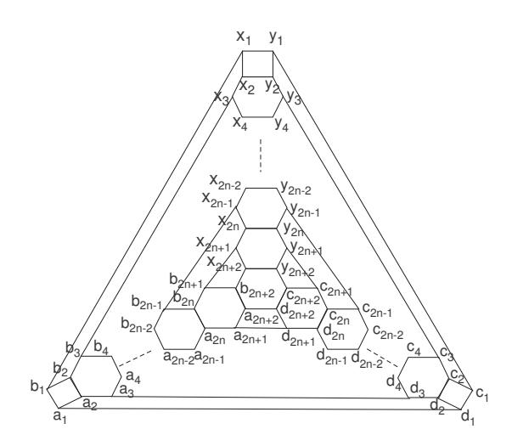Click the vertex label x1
coord(244,37)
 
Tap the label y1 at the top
coord(276,38)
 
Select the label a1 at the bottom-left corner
coord(59,417)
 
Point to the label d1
coord(468,418)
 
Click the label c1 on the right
coord(482,393)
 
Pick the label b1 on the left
coord(37,387)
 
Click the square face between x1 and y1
coord(257,64)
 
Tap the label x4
coord(240,124)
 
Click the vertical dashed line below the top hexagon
coord(261,155)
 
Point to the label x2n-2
coord(225,183)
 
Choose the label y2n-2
coord(296,189)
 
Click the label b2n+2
coord(257,291)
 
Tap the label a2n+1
coord(250,336)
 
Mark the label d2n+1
coord(298,337)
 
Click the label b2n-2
coord(137,325)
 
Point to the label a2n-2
coord(178,357)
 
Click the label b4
coord(101,347)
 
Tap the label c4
coord(414,348)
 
